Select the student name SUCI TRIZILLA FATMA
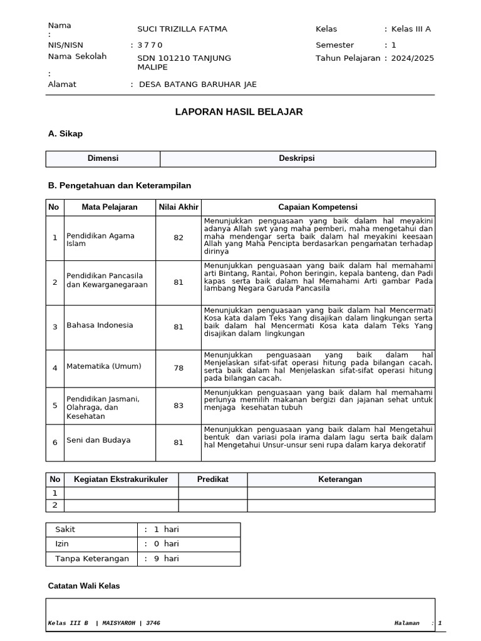pyautogui.click(x=182, y=29)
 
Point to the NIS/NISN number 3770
pyautogui.click(x=150, y=45)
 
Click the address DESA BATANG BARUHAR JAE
pyautogui.click(x=197, y=85)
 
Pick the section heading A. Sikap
pyautogui.click(x=65, y=134)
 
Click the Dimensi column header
pyautogui.click(x=103, y=159)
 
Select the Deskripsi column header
pyautogui.click(x=297, y=159)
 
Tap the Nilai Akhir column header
pyautogui.click(x=178, y=207)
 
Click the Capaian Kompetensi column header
pyautogui.click(x=318, y=207)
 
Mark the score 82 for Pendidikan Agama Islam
pyautogui.click(x=178, y=238)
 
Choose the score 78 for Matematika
pyautogui.click(x=178, y=368)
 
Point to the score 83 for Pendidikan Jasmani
pyautogui.click(x=178, y=406)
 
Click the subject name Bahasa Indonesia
pyautogui.click(x=100, y=326)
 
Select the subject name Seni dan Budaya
pyautogui.click(x=98, y=441)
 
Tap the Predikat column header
pyautogui.click(x=213, y=479)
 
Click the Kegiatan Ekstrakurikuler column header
pyautogui.click(x=121, y=479)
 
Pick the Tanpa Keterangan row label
pyautogui.click(x=92, y=558)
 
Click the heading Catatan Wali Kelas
pyautogui.click(x=84, y=586)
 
